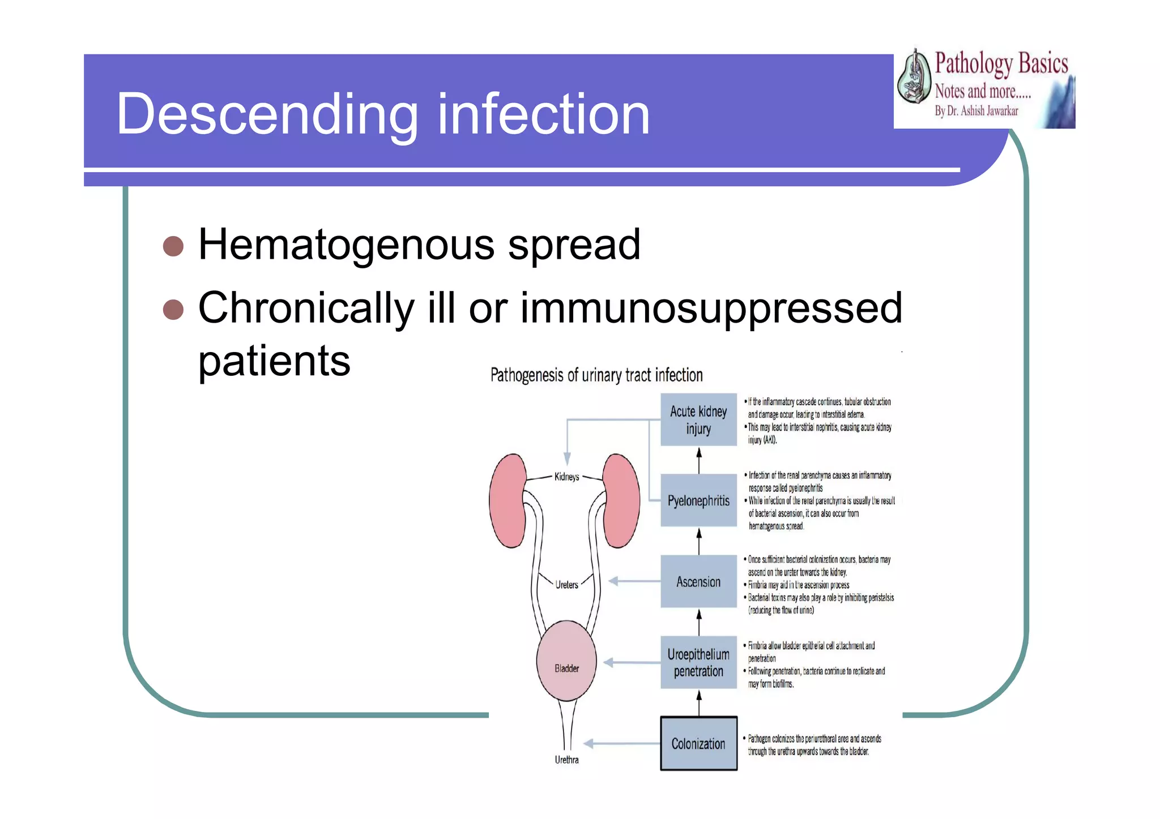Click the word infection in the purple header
point(543,115)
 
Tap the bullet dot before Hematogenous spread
point(173,246)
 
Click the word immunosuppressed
point(711,308)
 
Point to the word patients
point(274,361)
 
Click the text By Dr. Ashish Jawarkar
point(976,111)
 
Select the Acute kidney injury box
point(698,419)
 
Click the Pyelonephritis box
point(698,500)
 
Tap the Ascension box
point(698,581)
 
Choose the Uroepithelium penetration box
point(698,662)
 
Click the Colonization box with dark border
point(698,743)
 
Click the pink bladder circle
point(566,661)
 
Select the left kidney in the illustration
point(508,500)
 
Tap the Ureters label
point(566,585)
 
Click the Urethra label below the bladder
point(566,760)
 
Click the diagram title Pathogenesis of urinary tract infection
point(596,375)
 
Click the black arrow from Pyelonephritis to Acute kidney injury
point(699,460)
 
